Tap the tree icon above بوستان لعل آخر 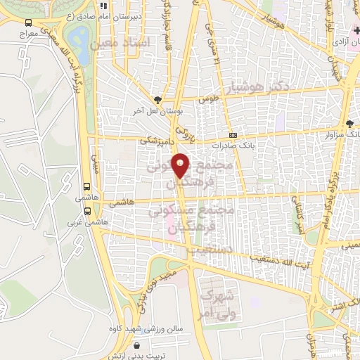(x=158, y=100)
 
